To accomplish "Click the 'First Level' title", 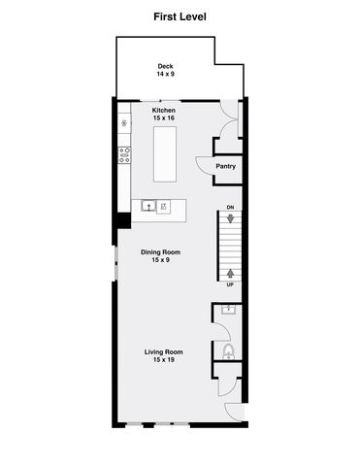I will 180,17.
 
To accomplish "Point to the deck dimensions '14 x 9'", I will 164,75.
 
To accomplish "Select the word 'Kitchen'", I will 164,111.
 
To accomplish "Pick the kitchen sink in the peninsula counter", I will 148,206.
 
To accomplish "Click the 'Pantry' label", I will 226,166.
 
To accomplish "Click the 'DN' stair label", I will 230,208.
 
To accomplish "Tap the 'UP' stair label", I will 230,284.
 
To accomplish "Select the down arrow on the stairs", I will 230,220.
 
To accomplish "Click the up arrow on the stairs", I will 230,272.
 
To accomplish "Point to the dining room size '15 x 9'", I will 160,260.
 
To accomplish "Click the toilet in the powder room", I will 228,351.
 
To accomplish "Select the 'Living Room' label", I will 164,351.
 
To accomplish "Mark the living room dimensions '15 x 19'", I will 164,360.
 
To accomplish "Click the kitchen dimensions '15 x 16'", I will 164,118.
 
